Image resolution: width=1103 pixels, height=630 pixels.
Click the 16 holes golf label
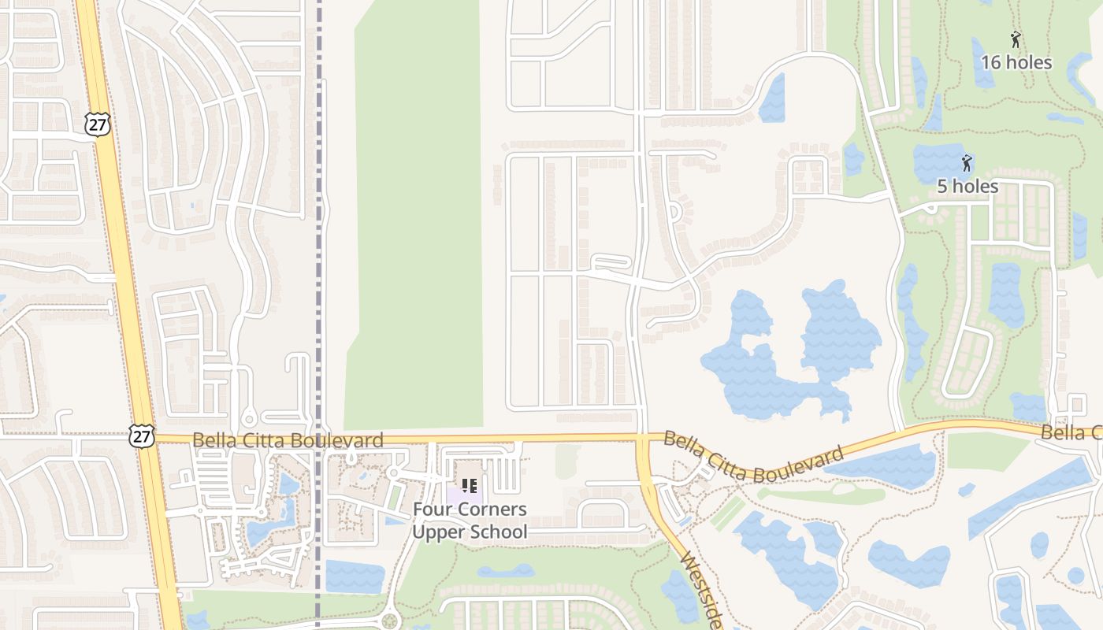pos(1016,62)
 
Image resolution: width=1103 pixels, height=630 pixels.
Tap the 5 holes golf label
pos(967,187)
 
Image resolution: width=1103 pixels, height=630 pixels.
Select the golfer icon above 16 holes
pos(1016,39)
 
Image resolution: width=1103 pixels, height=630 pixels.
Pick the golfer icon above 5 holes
pos(967,163)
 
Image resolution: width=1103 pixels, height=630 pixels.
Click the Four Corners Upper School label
pos(470,521)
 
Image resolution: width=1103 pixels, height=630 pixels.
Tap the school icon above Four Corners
pos(470,486)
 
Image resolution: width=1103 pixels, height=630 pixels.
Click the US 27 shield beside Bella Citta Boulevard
pos(143,437)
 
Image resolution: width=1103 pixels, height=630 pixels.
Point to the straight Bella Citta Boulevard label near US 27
pos(288,440)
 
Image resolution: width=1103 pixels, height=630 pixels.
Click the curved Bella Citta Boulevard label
pos(752,458)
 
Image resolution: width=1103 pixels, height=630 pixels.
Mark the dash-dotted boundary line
pos(319,236)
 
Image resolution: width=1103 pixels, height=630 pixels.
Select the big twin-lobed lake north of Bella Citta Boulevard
pos(788,354)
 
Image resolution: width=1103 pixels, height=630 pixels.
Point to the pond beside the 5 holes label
pos(938,161)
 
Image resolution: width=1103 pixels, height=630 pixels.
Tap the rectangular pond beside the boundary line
pos(355,576)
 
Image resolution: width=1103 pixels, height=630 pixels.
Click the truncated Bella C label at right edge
pos(1071,432)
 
